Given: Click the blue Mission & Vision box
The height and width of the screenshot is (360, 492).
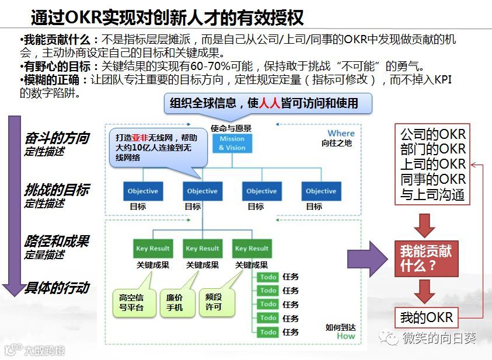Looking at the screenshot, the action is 232,143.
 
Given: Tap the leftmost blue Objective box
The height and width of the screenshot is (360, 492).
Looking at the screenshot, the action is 143,191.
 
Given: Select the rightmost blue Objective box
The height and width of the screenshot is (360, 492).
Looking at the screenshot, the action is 321,191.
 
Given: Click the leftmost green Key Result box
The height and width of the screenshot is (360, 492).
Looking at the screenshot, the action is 152,249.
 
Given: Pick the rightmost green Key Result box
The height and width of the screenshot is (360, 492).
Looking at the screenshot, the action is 251,249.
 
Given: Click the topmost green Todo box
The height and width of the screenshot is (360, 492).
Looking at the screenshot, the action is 268,277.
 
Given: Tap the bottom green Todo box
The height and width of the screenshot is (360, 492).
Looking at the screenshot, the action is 268,332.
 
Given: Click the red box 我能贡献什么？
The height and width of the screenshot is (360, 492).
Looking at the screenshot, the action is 426,258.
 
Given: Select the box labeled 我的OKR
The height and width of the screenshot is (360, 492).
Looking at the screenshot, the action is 427,318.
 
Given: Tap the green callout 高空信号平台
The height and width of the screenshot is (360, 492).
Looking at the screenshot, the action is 132,302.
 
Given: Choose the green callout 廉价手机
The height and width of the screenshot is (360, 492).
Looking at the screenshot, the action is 175,302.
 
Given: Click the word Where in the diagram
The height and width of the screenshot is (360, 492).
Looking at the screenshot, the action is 341,134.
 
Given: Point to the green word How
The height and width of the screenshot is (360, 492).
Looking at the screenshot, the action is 346,336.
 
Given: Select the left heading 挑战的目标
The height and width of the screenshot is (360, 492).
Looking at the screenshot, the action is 57,190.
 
